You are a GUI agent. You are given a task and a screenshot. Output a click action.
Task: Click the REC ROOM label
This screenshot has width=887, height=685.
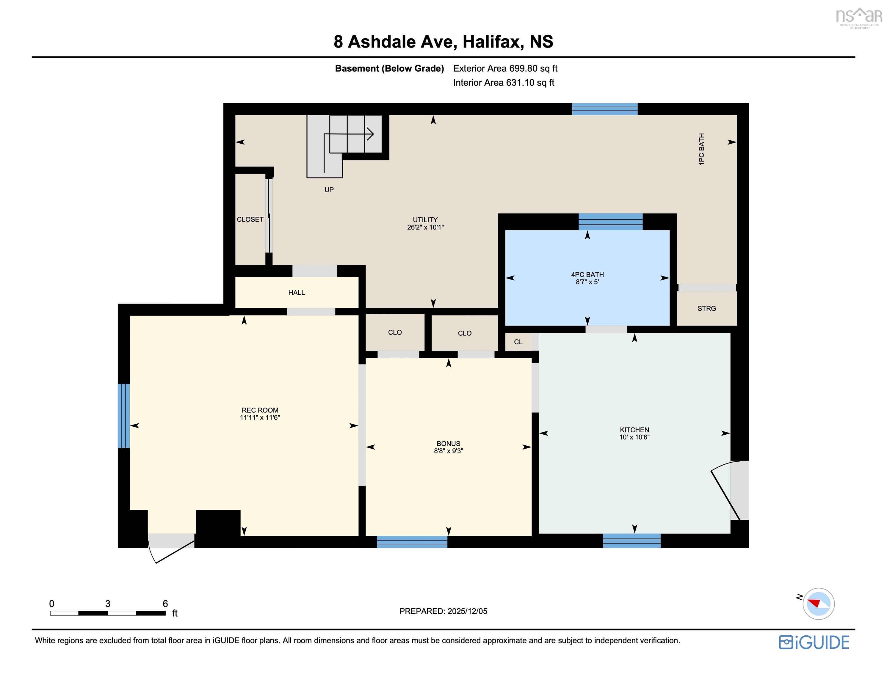pos(260,410)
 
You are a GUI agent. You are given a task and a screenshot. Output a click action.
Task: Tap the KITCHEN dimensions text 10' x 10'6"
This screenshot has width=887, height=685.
pos(634,437)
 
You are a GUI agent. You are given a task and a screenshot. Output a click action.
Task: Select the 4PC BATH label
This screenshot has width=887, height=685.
pos(587,274)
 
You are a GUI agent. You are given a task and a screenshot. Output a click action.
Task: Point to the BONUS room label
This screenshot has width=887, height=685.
pos(448,443)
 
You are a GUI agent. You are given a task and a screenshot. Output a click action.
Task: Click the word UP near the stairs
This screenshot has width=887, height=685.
pos(329,190)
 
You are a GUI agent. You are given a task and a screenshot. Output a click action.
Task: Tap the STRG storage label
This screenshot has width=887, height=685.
pos(707,309)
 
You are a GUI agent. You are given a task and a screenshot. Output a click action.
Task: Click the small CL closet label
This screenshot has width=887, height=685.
pos(518,342)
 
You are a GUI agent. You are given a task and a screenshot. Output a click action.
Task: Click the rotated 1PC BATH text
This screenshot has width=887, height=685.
pos(701,149)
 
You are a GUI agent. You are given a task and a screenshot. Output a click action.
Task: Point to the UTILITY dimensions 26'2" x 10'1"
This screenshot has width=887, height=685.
pos(425,227)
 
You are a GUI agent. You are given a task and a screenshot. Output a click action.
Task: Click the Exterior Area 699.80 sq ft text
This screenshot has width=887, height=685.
pos(505,68)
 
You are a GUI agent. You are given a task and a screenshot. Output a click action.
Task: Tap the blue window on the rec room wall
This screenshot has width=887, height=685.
pos(123,416)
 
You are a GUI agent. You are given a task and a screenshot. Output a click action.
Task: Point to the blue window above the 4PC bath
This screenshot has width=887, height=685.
pos(610,222)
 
